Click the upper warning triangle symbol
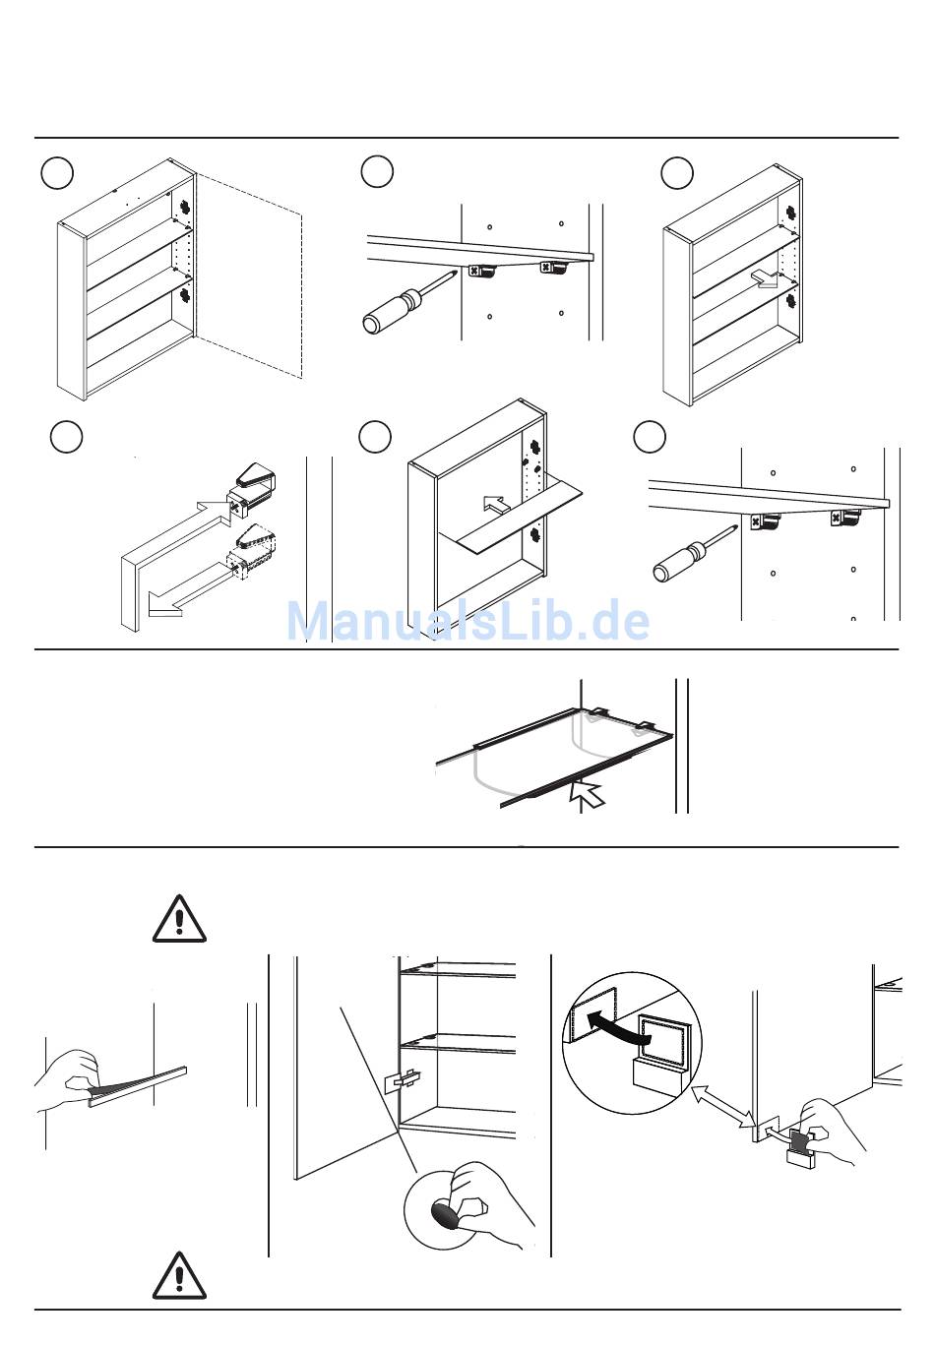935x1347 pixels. (x=179, y=919)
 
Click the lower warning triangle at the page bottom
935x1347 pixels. (x=179, y=1275)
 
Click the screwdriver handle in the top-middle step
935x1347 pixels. (x=391, y=311)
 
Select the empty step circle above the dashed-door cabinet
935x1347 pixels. (x=57, y=172)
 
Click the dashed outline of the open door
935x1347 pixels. (x=249, y=276)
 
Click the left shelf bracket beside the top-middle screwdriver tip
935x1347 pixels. (x=482, y=272)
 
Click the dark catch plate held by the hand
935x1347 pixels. (x=801, y=1139)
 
